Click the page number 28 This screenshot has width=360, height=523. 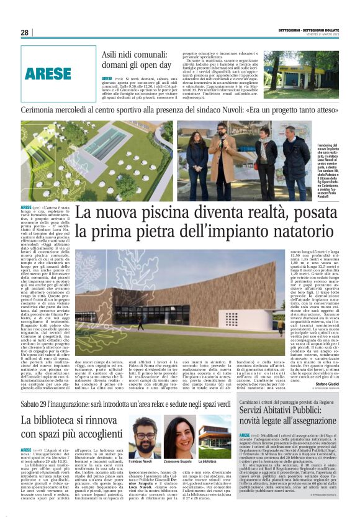(24, 32)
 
